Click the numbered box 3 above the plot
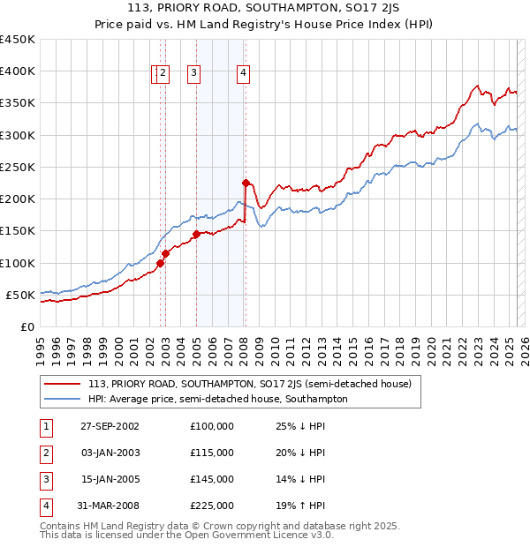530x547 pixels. [193, 74]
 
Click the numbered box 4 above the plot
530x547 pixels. [242, 74]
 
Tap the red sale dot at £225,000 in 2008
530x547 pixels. [246, 183]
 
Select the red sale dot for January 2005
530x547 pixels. [196, 234]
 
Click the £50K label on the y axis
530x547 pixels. [20, 295]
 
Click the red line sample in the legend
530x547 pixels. [62, 384]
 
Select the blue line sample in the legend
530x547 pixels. [62, 399]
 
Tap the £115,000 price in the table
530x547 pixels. [212, 453]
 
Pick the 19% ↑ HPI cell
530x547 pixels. [296, 506]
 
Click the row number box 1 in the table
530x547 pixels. [45, 427]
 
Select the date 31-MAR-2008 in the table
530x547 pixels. [110, 506]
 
